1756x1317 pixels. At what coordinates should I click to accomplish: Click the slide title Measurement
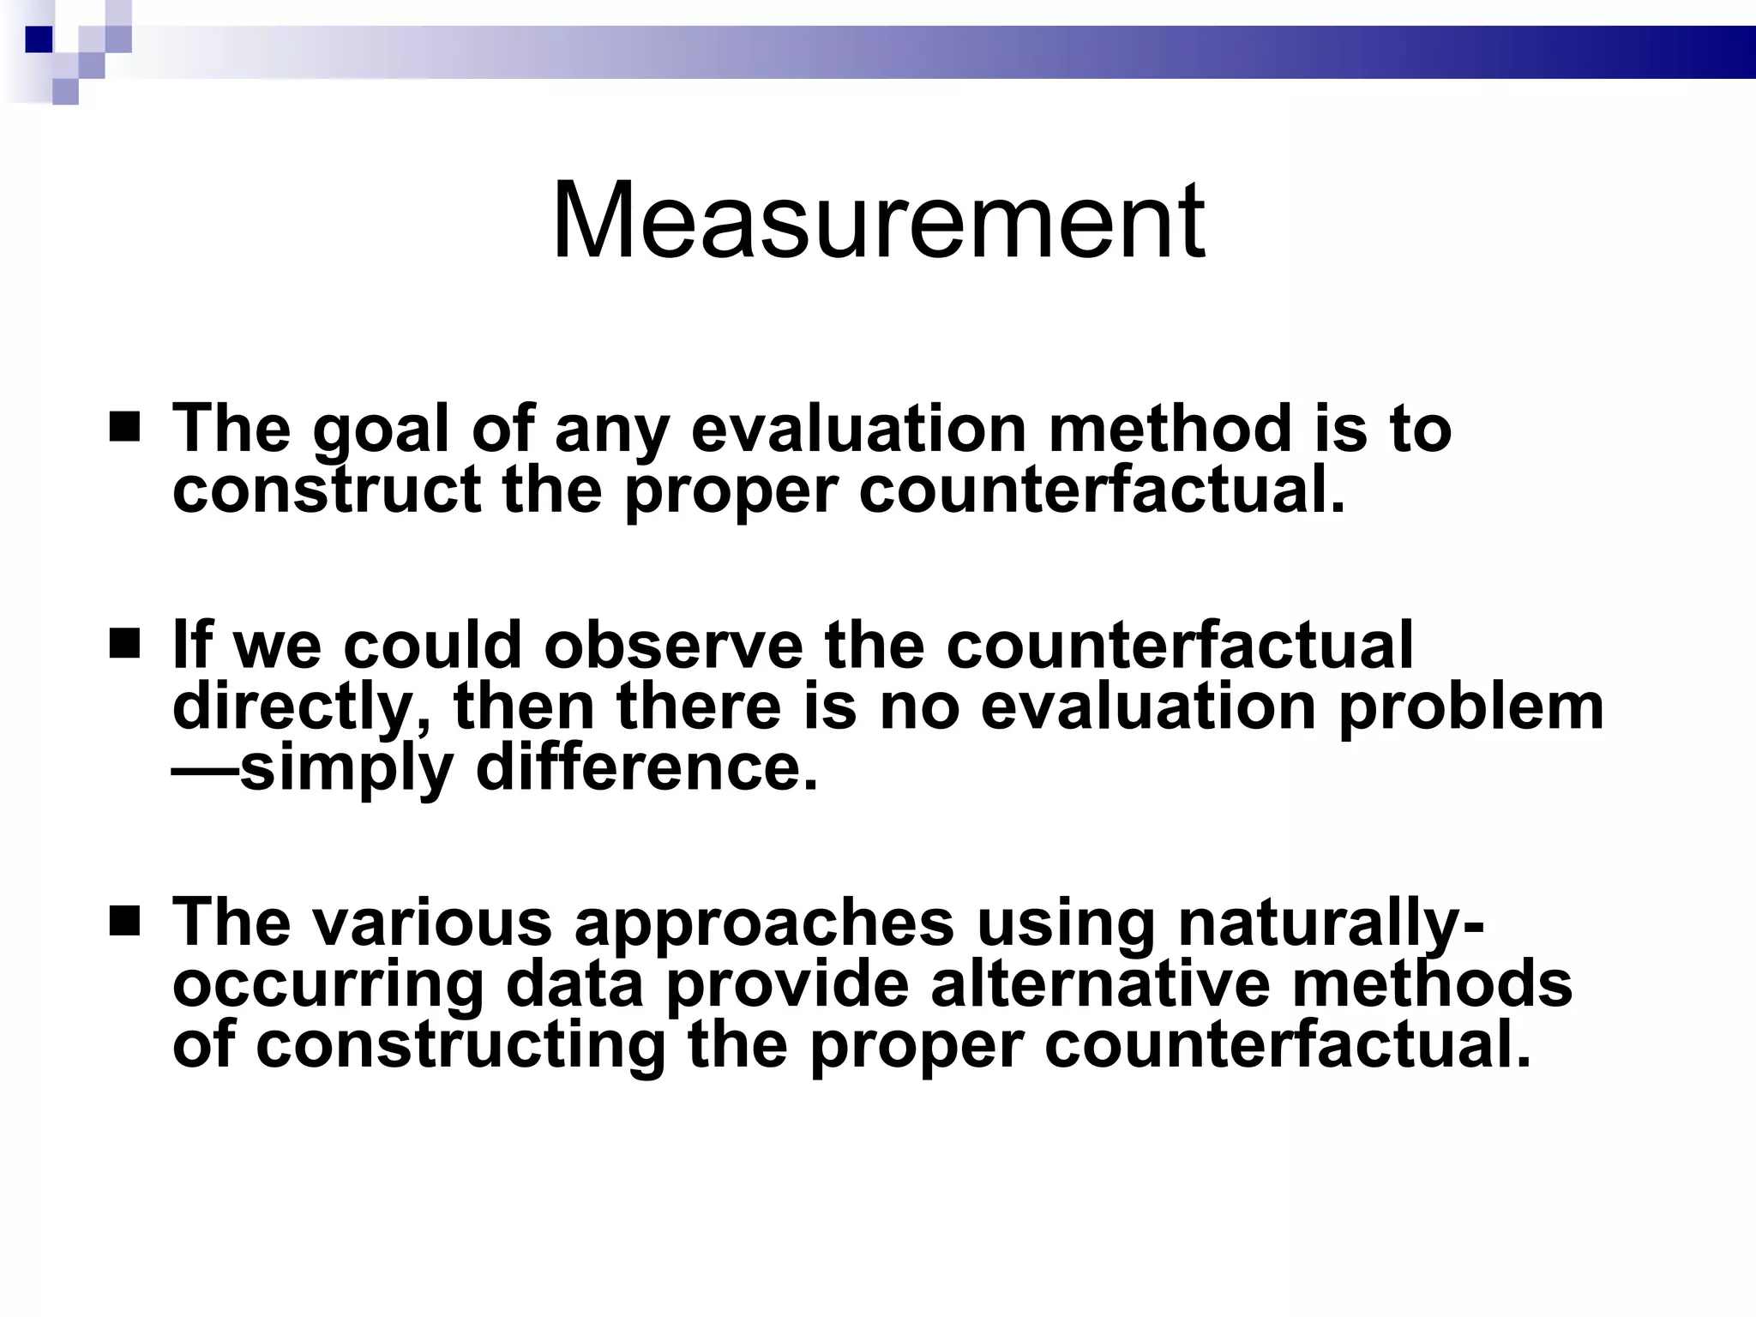(878, 221)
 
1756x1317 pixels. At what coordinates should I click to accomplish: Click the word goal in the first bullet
(381, 430)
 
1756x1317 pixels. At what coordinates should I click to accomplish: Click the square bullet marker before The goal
(125, 426)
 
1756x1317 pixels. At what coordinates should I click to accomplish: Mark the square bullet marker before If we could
(125, 642)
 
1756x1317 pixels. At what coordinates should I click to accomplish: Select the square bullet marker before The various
(125, 920)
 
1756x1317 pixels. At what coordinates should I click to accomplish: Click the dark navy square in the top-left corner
(39, 39)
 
